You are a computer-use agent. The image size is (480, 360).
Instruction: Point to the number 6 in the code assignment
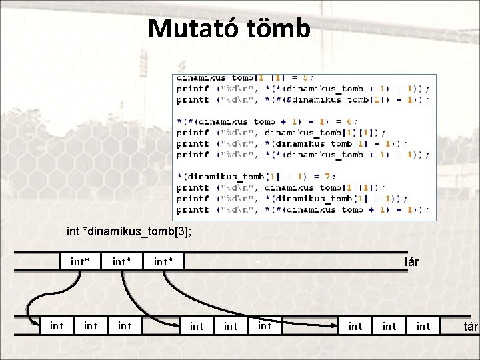[x=353, y=121]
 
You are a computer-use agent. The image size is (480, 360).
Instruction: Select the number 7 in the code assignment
[x=326, y=177]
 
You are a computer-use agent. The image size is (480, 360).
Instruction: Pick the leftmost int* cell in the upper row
[x=81, y=261]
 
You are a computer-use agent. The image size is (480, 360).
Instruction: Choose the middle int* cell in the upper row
[x=121, y=261]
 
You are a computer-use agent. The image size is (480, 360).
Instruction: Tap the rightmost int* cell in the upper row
[x=163, y=261]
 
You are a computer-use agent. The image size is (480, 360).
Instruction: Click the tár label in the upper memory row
[x=411, y=261]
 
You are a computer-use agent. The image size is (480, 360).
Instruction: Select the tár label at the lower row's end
[x=471, y=326]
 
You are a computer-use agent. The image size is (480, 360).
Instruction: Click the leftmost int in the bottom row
[x=57, y=326]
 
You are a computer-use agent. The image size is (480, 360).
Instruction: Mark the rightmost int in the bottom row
[x=423, y=326]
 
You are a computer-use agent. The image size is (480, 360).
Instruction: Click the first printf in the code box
[x=193, y=89]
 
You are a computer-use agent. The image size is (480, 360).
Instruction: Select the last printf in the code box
[x=193, y=209]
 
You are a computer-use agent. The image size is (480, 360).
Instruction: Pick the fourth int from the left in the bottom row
[x=197, y=326]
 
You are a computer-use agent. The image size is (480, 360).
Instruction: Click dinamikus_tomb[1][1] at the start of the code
[x=231, y=77]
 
